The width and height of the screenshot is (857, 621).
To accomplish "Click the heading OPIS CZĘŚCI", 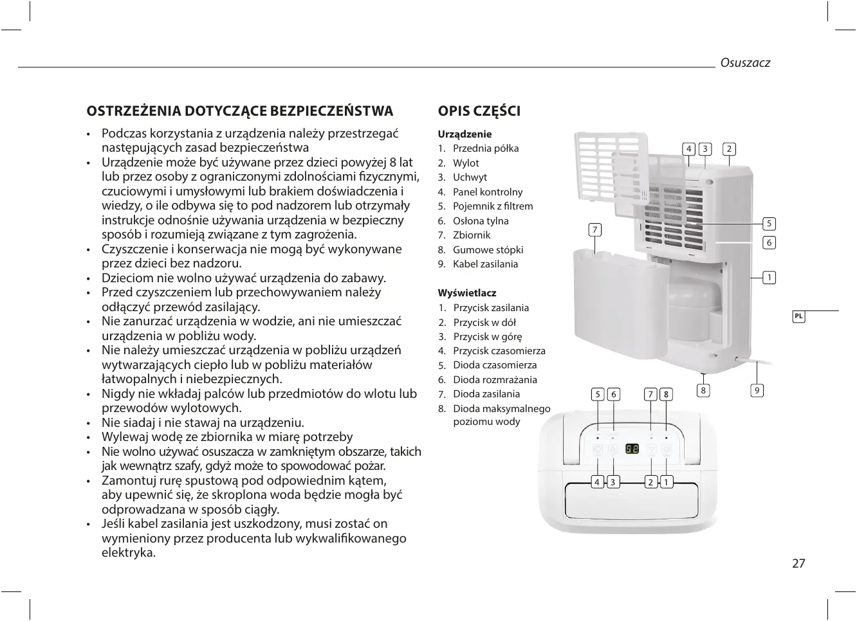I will pyautogui.click(x=479, y=111).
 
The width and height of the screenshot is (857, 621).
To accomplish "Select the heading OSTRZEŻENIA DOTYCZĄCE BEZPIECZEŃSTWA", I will pyautogui.click(x=239, y=111).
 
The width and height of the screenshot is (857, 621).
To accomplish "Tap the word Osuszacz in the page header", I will pyautogui.click(x=744, y=63).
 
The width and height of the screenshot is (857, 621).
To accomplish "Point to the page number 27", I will pyautogui.click(x=798, y=564).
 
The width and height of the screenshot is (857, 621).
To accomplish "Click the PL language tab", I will pyautogui.click(x=798, y=316).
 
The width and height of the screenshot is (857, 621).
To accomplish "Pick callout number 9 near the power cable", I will pyautogui.click(x=757, y=390).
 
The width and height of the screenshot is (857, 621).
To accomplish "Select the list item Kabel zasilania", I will pyautogui.click(x=484, y=264).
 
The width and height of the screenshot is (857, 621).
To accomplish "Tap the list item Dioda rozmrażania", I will pyautogui.click(x=494, y=380).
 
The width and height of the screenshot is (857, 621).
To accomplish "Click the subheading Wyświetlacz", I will pyautogui.click(x=466, y=293).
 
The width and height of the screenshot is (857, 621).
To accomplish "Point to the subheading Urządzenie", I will pyautogui.click(x=465, y=134).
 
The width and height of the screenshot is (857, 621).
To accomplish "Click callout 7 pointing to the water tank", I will pyautogui.click(x=595, y=230).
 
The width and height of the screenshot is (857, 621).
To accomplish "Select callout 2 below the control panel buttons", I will pyautogui.click(x=651, y=482).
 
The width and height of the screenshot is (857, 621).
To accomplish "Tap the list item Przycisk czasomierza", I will pyautogui.click(x=499, y=351).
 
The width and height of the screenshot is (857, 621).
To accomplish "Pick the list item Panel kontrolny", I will pyautogui.click(x=487, y=192).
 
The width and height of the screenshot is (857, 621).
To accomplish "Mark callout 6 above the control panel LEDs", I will pyautogui.click(x=613, y=395).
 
